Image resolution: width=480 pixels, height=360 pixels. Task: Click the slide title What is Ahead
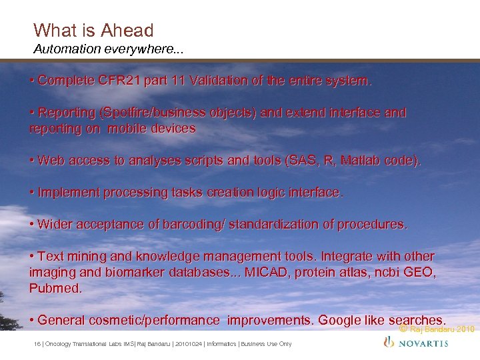pos(93,30)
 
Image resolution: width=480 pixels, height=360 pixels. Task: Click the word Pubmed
pos(55,289)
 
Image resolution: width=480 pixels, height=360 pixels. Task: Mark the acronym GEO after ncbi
pos(419,273)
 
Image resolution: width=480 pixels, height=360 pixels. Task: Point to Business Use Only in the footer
pos(266,344)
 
